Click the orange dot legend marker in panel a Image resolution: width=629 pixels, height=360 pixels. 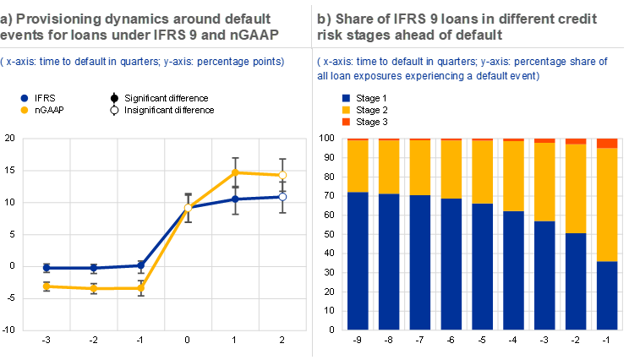coord(25,110)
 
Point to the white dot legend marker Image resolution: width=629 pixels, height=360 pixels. coord(114,110)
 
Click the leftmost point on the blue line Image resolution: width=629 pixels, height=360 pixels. coord(47,268)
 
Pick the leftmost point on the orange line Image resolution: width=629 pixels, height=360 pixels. coord(47,286)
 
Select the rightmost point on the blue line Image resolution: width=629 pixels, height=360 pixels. coord(283,196)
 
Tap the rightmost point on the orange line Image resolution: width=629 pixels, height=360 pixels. coord(283,175)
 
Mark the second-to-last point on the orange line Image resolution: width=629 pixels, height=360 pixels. coord(236,172)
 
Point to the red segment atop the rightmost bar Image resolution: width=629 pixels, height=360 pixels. coord(607,144)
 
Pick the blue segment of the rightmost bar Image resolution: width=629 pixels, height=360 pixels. coord(607,296)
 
